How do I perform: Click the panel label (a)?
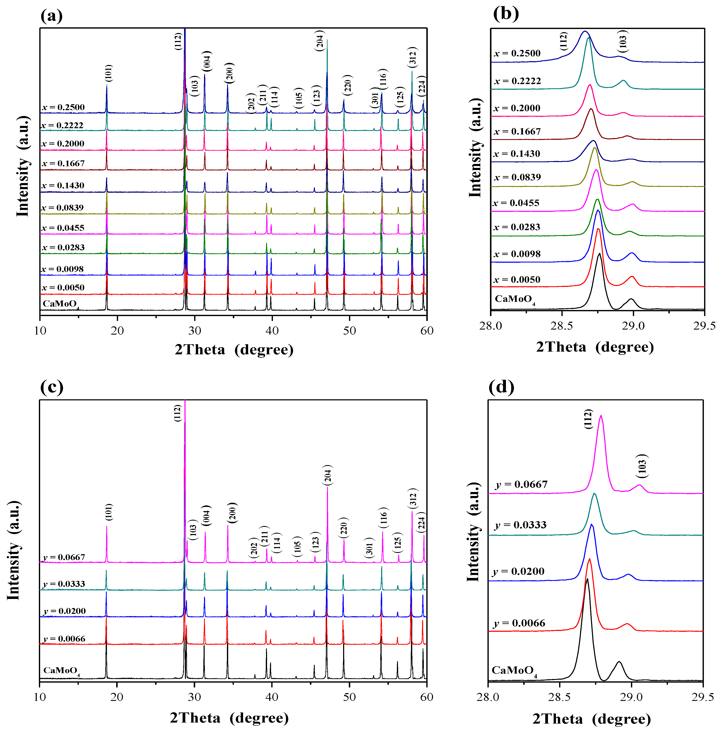tap(52, 16)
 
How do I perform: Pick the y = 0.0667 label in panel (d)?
tap(521, 485)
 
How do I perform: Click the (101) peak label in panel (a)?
tap(109, 73)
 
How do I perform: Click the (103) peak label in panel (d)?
tap(642, 466)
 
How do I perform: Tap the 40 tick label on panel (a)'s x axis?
tap(272, 331)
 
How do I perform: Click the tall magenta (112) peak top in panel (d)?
tap(601, 416)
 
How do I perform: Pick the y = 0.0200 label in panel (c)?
tap(65, 611)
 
